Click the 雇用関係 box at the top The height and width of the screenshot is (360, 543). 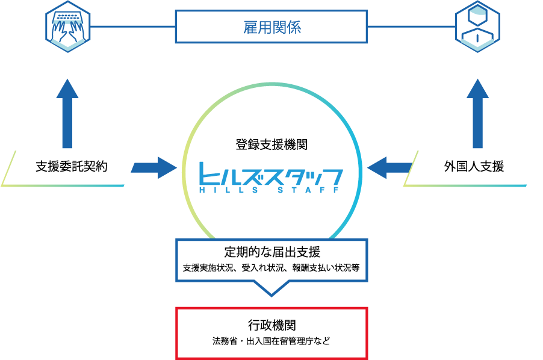coord(271,27)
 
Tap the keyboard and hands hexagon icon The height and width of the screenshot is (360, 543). coord(67,26)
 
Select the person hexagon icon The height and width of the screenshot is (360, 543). coord(477,26)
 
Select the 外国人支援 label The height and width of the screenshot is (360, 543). coord(474,167)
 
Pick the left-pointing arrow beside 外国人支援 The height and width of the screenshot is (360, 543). coord(389,167)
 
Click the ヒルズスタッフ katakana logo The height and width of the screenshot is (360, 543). coord(271,175)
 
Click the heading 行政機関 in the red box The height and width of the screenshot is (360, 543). coord(271,325)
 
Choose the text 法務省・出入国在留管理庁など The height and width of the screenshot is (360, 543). coord(271,341)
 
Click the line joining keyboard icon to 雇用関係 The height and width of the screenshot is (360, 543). coord(132,26)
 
